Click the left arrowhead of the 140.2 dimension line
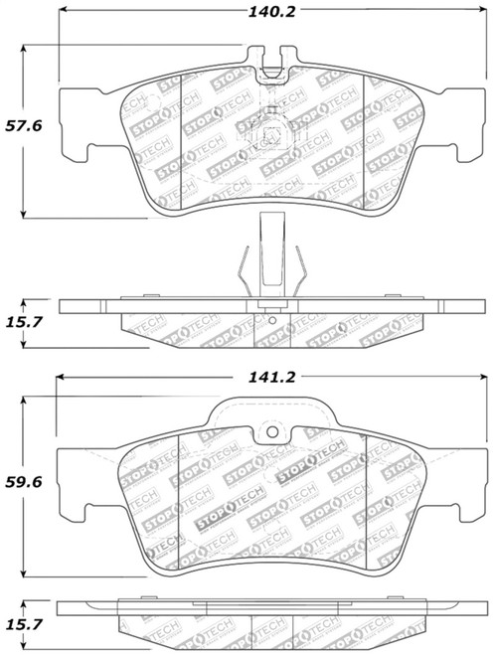click(x=63, y=15)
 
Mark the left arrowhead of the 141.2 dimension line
click(x=60, y=378)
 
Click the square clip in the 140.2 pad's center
click(x=269, y=139)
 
